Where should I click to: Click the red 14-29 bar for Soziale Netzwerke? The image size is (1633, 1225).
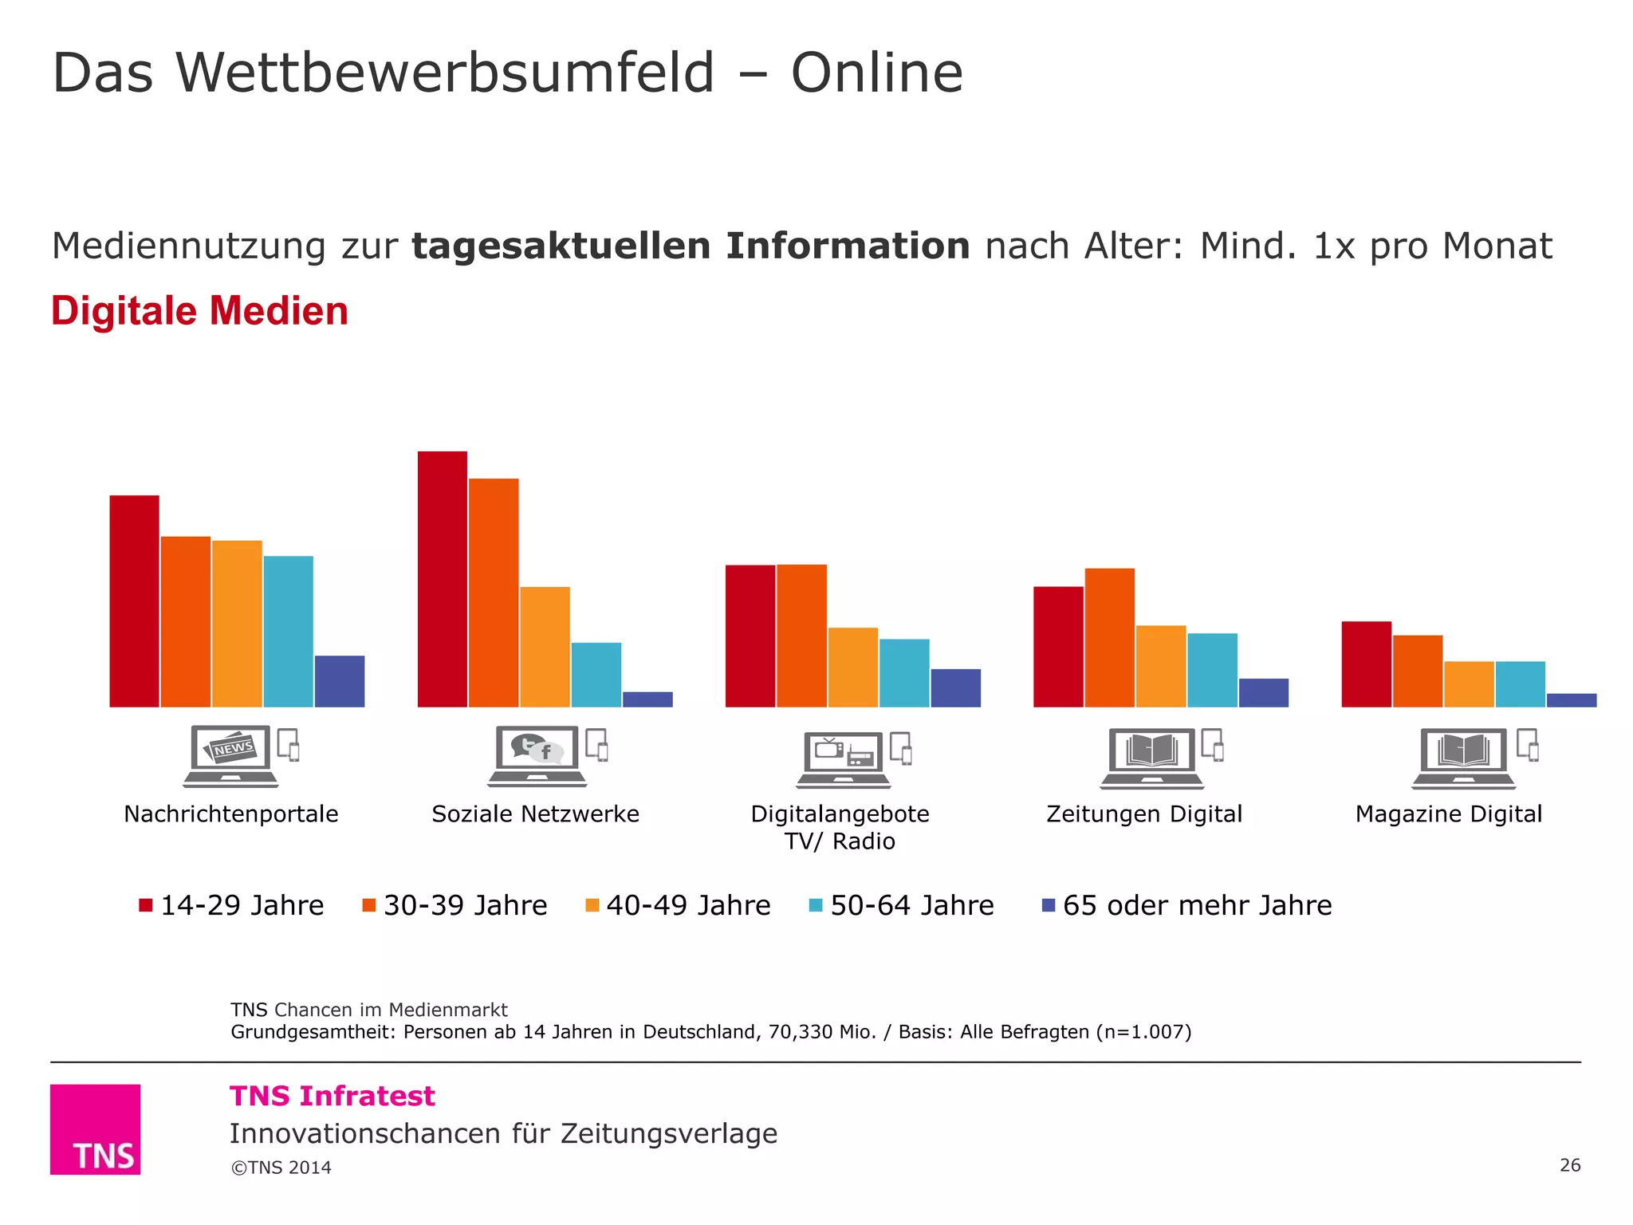point(442,579)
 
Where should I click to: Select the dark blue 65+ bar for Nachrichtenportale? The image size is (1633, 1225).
point(340,681)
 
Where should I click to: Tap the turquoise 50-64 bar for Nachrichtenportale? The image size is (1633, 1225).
point(288,631)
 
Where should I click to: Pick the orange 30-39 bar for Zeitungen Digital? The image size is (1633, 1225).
point(1109,637)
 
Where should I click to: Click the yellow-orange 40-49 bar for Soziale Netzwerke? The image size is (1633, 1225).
point(545,647)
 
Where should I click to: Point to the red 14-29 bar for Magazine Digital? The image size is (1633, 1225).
point(1366,664)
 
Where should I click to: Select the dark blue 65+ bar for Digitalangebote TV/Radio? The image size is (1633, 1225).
point(955,687)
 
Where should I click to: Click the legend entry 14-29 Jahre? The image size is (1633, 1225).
point(231,905)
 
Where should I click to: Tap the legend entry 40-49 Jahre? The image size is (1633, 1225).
point(678,905)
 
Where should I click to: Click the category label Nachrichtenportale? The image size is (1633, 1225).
point(231,813)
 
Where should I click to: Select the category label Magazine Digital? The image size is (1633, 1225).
point(1448,813)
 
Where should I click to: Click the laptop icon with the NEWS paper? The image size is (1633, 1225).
point(230,755)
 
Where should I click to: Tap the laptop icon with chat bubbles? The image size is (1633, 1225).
point(537,755)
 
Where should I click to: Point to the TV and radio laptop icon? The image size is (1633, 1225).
point(844,759)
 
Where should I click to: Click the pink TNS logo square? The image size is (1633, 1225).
point(95,1128)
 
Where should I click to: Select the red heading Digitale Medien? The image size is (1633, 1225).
point(199,311)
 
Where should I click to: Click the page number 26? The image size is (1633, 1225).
point(1569,1165)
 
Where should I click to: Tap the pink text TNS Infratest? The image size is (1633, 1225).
point(332,1096)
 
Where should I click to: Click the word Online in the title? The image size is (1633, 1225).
point(876,73)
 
